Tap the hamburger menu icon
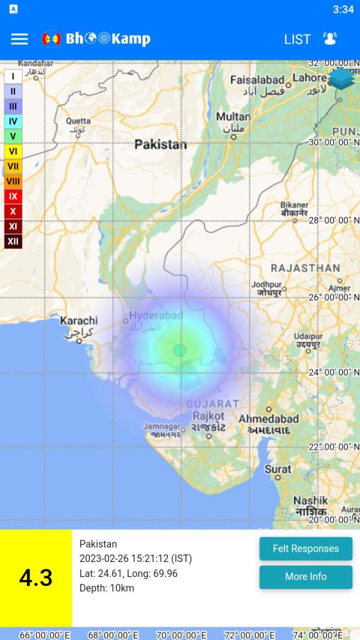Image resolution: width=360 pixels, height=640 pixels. pyautogui.click(x=19, y=39)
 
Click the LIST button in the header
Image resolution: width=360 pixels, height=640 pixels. pyautogui.click(x=297, y=39)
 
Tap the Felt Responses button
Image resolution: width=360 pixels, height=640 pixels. pyautogui.click(x=305, y=549)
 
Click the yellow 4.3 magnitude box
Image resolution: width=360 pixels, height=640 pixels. pyautogui.click(x=36, y=578)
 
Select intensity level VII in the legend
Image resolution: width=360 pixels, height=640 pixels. pyautogui.click(x=13, y=166)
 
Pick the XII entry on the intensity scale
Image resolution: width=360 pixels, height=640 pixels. pyautogui.click(x=13, y=241)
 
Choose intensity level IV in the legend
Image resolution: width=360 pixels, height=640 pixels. pyautogui.click(x=13, y=121)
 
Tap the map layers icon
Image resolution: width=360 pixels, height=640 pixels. pyautogui.click(x=341, y=78)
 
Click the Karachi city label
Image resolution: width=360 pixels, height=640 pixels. pyautogui.click(x=79, y=321)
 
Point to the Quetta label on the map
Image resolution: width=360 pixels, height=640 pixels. pyautogui.click(x=79, y=121)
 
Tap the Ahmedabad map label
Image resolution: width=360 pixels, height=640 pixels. pyautogui.click(x=268, y=418)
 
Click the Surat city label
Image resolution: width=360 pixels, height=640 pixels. pyautogui.click(x=278, y=469)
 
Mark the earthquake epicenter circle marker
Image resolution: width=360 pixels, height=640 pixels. pyautogui.click(x=179, y=350)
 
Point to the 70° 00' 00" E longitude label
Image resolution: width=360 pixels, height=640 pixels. pyautogui.click(x=181, y=635)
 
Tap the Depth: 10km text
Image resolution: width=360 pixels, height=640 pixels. pyautogui.click(x=107, y=588)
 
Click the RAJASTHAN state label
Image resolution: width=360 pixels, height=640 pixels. pyautogui.click(x=305, y=268)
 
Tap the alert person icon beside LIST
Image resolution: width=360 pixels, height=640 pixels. pyautogui.click(x=330, y=39)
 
